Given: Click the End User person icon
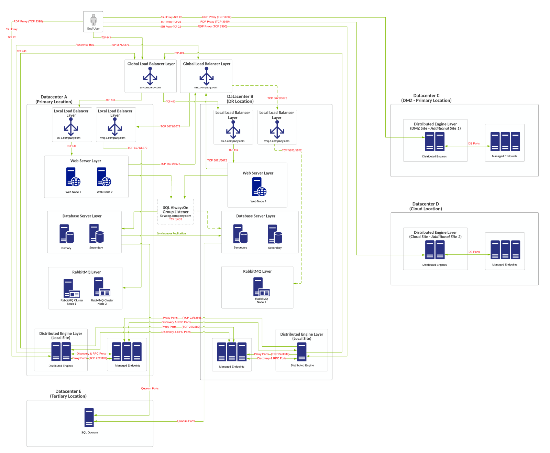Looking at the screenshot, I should point(93,20).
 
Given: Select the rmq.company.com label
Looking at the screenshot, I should point(206,87).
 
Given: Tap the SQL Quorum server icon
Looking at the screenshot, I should point(89,418).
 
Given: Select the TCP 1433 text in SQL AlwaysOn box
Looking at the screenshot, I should point(176,219).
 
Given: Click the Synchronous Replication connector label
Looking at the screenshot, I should point(171,233).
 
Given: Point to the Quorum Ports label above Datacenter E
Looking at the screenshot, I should point(150,388).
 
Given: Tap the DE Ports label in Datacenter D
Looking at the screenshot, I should point(474,252).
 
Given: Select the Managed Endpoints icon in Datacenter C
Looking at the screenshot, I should point(505,141).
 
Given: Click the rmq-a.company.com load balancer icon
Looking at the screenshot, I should point(115,127).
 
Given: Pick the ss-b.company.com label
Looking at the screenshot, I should point(233,141).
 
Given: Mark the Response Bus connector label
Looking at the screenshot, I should point(85,45).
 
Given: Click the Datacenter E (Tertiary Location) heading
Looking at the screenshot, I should point(68,394).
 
